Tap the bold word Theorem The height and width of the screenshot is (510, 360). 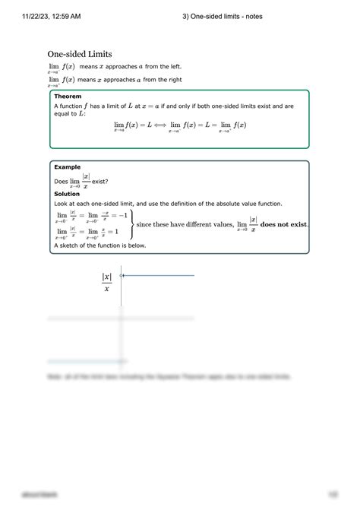pos(68,97)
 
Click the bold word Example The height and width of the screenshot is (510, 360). pos(68,166)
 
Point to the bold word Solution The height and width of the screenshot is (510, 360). pos(68,194)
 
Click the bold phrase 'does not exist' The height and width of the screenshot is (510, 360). pos(283,224)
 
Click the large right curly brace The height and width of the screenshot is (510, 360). pos(132,224)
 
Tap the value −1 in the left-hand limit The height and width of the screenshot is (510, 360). pos(119,215)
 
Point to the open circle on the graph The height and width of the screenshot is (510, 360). pos(122,275)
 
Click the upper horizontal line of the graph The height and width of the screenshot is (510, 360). pos(159,275)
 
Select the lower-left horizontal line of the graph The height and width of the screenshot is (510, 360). pos(84,360)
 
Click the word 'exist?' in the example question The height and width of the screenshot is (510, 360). pos(99,182)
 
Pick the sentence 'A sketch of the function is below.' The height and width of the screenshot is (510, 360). pos(99,245)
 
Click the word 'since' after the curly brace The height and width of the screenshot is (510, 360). pos(144,224)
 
